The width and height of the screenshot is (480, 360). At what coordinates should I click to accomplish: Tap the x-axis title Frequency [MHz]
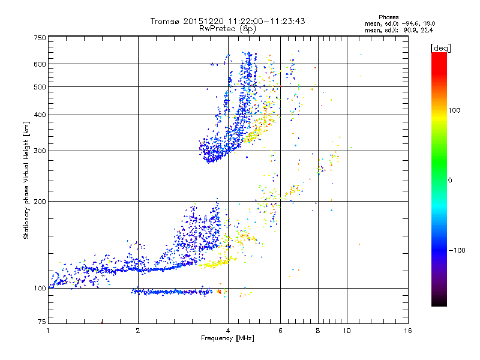pyautogui.click(x=227, y=339)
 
